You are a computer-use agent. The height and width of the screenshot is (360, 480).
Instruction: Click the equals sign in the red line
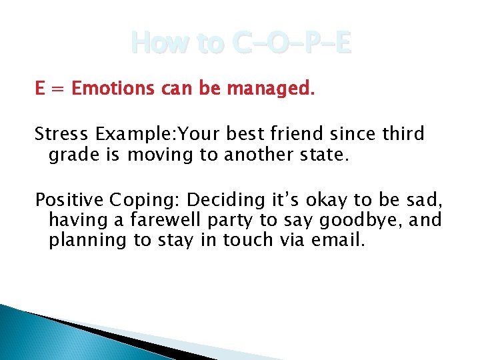point(56,89)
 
